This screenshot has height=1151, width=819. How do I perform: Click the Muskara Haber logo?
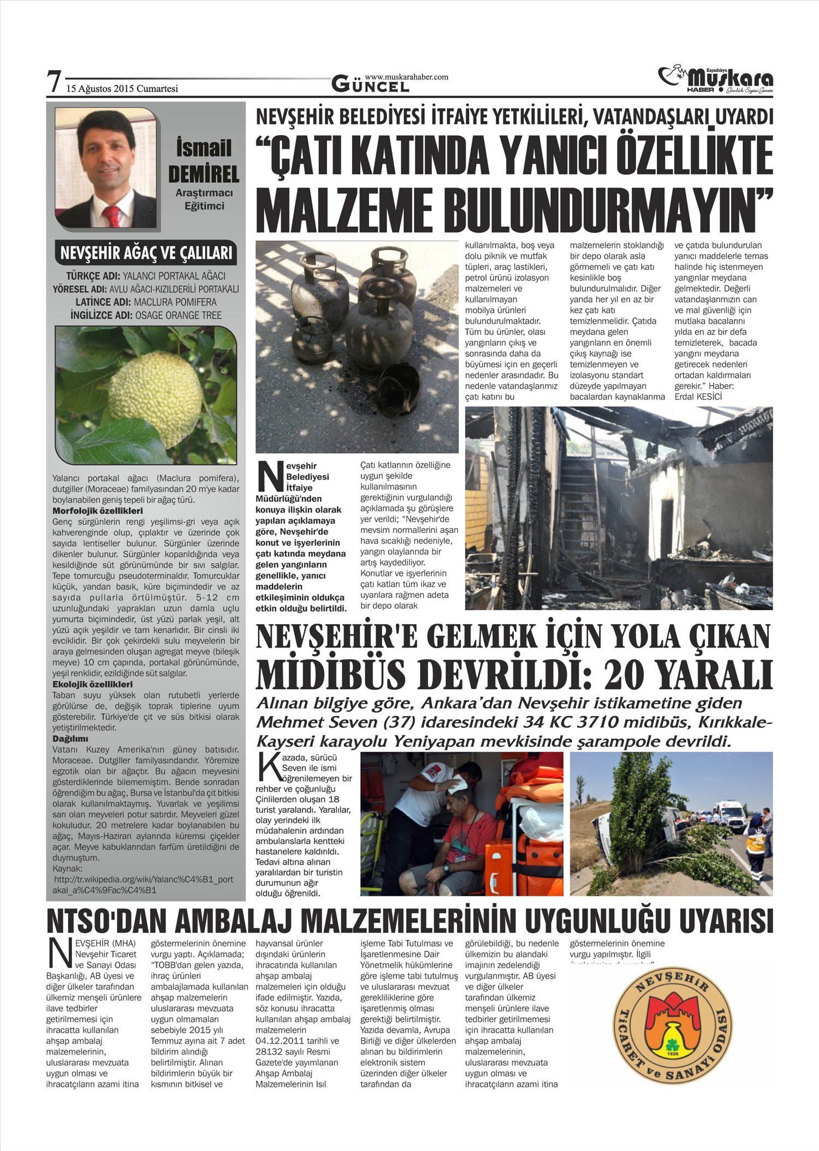point(716,80)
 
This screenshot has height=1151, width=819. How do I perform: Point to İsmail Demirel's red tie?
point(111,216)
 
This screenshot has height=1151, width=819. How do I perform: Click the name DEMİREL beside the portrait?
point(203,174)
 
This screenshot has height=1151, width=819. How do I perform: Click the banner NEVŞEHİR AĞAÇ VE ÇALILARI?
point(146,254)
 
